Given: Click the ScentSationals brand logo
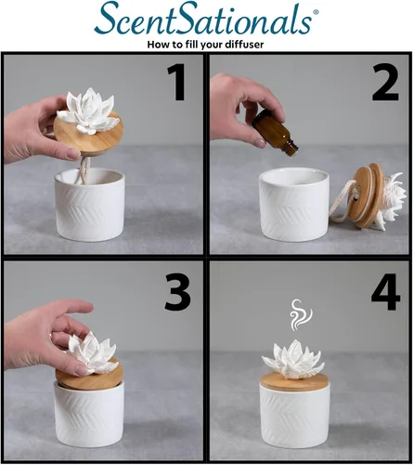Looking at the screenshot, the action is tap(207, 19).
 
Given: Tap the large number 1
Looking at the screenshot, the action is tap(177, 82).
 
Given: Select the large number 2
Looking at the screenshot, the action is tap(385, 82).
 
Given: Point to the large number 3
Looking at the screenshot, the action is tap(177, 291).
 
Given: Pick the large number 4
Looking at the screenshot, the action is tap(386, 291).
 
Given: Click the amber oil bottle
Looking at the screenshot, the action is tap(275, 133).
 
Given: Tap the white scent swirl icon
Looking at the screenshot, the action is tap(301, 314).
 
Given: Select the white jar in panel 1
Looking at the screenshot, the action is tap(90, 205).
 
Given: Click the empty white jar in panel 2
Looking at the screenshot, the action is tap(293, 205).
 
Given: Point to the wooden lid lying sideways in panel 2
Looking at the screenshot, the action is tap(366, 196).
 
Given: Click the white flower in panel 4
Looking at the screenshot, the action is tap(293, 360).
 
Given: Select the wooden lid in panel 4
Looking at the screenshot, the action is tap(294, 382).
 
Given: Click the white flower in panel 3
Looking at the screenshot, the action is tap(91, 352).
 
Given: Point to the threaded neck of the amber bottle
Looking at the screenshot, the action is tap(291, 149).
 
